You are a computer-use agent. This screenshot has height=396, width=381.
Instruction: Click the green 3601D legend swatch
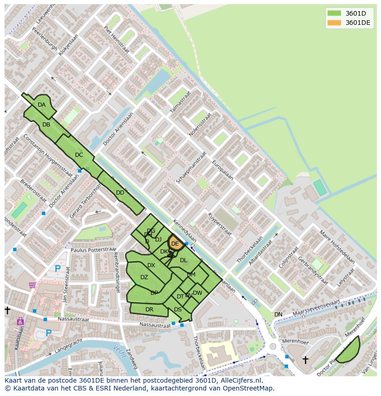[x=334, y=13]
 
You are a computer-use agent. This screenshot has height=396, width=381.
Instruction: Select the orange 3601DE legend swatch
[x=334, y=23]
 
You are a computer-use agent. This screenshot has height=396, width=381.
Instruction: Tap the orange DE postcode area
[x=175, y=244]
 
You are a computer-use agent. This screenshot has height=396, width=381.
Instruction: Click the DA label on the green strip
[x=42, y=105]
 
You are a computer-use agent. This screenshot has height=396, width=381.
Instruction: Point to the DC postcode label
[x=79, y=155]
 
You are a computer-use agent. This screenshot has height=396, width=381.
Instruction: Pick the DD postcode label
[x=120, y=193]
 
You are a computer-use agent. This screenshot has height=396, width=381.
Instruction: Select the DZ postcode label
[x=144, y=277]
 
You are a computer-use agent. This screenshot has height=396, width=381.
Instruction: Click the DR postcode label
[x=149, y=310]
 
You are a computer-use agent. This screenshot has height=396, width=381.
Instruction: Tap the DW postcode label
[x=197, y=293]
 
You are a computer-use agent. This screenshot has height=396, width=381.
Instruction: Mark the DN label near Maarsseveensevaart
[x=278, y=315]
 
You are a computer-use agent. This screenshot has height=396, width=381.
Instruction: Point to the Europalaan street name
[x=223, y=170]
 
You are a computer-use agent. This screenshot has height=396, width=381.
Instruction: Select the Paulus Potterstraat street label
[x=94, y=250]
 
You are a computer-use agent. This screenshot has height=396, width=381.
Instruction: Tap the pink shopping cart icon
[x=32, y=285]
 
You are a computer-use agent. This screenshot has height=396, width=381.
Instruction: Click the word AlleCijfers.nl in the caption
[x=240, y=380]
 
